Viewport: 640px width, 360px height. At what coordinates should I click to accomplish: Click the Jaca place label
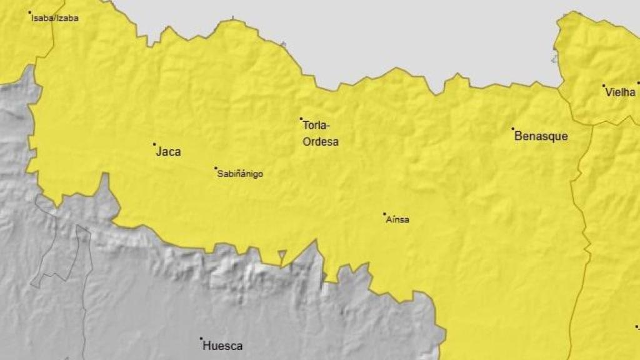coord(168,151)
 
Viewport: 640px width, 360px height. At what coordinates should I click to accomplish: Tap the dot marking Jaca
coord(154,144)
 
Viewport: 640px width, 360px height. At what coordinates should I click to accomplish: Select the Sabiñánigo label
coord(240,174)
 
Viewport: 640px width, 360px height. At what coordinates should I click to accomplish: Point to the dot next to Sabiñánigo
coord(216,168)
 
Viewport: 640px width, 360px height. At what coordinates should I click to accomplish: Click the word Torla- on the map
coord(317,125)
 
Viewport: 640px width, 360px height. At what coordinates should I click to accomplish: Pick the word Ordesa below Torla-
coord(321,142)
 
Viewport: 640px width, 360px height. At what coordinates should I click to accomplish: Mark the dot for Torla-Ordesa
coord(301,119)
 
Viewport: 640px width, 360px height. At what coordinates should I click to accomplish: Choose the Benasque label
coord(541,136)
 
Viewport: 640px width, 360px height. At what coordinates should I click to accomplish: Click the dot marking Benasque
coord(512,129)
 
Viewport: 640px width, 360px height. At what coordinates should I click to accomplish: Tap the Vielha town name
coord(620,92)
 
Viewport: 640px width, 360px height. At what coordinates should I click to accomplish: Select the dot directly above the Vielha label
coord(603,86)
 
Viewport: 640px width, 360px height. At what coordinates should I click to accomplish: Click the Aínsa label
coord(397,219)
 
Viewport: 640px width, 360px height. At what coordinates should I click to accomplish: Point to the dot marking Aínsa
coord(384,214)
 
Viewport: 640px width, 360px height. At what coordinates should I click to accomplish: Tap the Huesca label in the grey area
coord(222,346)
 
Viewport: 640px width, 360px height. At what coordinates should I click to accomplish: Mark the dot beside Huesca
coord(201,339)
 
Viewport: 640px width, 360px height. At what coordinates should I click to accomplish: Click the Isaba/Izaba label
coord(55,18)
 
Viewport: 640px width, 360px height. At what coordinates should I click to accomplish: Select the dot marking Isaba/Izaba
coord(29,12)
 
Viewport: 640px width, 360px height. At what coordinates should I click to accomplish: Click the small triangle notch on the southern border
coord(282,254)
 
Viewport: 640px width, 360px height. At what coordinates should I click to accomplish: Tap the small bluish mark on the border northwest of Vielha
coord(554,58)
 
